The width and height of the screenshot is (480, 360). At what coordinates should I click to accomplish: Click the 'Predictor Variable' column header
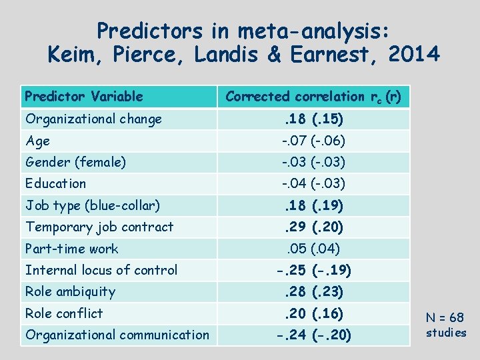[x=84, y=97]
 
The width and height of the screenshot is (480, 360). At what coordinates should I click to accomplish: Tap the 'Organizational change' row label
[x=93, y=119]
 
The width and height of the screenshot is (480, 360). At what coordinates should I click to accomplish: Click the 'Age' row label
[x=37, y=141]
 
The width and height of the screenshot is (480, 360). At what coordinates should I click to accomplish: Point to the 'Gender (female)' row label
[x=75, y=162]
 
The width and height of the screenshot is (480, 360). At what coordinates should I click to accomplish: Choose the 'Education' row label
[x=55, y=183]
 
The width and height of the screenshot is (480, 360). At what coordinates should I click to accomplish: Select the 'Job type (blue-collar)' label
[x=93, y=205]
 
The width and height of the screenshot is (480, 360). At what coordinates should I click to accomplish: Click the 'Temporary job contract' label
[x=99, y=227]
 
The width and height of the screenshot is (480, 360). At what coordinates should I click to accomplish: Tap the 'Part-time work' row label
[x=71, y=249]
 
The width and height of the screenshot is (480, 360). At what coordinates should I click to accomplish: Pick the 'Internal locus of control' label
[x=101, y=270]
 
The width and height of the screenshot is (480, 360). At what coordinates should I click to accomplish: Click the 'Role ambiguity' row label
[x=70, y=291]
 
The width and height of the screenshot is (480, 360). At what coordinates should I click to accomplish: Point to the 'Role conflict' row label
[x=64, y=313]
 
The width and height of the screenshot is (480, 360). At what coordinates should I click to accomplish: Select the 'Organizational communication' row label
[x=117, y=335]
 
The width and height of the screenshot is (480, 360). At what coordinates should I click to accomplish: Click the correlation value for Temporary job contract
[x=313, y=227]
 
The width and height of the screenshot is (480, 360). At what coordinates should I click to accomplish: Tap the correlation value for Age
[x=313, y=141]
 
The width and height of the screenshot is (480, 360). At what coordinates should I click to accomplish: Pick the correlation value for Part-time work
[x=313, y=249]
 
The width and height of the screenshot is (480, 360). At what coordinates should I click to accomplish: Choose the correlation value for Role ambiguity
[x=313, y=292]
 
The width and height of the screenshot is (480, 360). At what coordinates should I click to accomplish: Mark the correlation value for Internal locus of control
[x=313, y=271]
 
